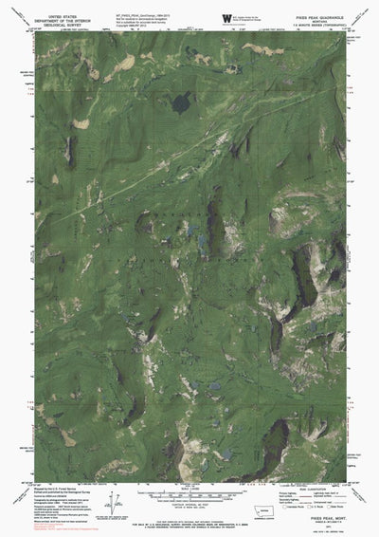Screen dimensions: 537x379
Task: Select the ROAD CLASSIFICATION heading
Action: tap(298, 488)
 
